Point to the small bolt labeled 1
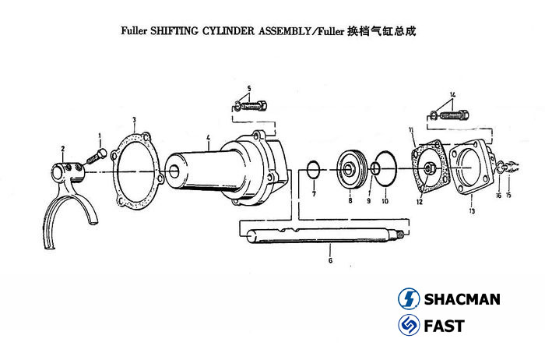pos(95,157)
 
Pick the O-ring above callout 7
pos(311,169)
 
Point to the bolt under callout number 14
pos(449,115)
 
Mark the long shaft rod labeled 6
pos(319,231)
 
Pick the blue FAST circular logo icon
pos(410,326)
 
